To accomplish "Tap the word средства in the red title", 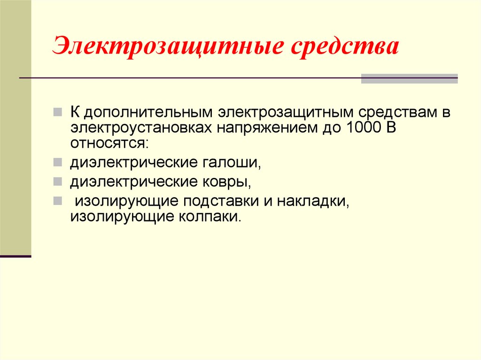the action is [x=345, y=46].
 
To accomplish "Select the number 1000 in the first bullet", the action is [x=363, y=127].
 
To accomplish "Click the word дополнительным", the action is [x=148, y=113].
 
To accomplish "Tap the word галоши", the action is [x=232, y=162].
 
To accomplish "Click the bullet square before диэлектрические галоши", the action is [x=58, y=162].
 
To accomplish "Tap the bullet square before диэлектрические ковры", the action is [x=58, y=182].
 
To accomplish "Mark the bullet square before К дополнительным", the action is [x=58, y=112].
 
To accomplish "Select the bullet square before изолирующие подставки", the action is [x=58, y=201].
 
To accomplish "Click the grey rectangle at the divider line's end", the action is [x=409, y=78].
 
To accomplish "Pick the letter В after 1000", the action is [x=391, y=127].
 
